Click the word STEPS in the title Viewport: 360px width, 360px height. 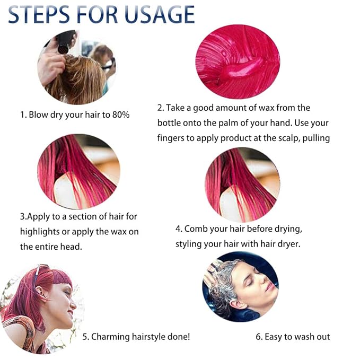(40, 14)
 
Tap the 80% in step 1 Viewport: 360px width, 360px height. (120, 115)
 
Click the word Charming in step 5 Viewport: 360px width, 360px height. (115, 336)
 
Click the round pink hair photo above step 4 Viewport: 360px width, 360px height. (242, 184)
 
